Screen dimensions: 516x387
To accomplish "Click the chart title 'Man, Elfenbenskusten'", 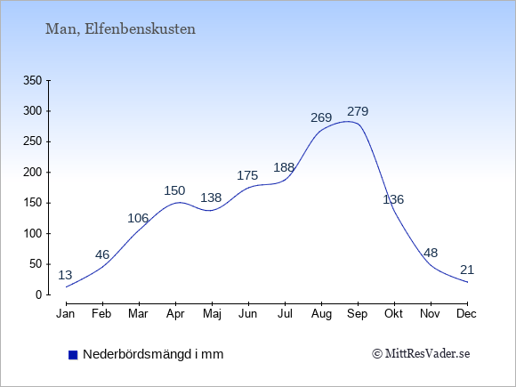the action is point(120,29).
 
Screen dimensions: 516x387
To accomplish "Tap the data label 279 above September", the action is point(358,111).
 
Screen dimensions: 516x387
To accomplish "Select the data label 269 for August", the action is point(321,117).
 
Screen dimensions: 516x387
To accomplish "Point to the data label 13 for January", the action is point(65,275).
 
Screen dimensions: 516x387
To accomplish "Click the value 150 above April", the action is point(174,190).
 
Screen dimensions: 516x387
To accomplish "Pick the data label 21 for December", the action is point(467,270).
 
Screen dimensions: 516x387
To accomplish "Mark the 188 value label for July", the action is point(284,168).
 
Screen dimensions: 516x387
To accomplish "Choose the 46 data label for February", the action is point(102,254).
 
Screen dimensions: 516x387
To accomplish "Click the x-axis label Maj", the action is point(212,314).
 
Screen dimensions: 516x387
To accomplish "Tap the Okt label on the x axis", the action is point(393,314).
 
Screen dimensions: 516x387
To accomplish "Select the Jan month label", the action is point(66,314).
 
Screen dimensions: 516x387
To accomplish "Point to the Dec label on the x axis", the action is point(467,314).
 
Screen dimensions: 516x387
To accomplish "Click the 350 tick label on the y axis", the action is point(33,81).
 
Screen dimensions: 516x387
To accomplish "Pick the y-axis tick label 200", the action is point(33,173).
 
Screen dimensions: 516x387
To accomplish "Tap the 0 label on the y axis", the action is point(39,294).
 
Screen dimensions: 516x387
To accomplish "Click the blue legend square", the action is point(73,355).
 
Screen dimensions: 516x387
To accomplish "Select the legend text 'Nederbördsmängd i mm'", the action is point(153,354).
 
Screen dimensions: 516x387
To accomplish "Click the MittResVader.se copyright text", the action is point(421,354).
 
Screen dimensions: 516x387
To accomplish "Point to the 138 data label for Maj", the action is point(211,198).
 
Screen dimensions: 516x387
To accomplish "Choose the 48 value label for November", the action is point(431,253).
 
